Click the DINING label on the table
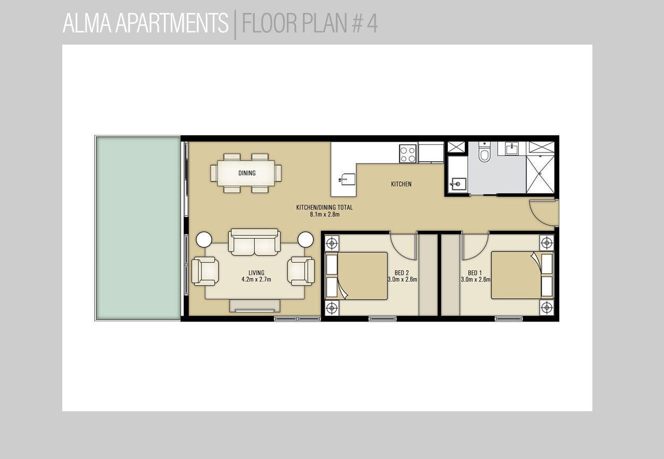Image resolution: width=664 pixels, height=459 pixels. (x=247, y=173)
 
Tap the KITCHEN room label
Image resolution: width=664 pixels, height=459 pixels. (x=401, y=184)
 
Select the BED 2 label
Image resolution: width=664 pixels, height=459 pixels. (x=402, y=273)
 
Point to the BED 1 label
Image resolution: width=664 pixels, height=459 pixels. (x=475, y=273)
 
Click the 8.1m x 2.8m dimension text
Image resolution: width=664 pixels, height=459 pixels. (x=325, y=214)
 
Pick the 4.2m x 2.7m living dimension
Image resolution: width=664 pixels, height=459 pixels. (x=256, y=279)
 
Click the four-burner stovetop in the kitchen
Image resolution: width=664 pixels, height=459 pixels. (x=408, y=154)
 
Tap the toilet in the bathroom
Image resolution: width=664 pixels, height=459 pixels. (x=485, y=152)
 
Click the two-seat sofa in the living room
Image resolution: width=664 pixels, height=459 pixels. (x=254, y=242)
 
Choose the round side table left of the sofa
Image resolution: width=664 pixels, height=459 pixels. (x=204, y=240)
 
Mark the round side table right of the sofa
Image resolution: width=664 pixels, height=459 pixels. (x=306, y=240)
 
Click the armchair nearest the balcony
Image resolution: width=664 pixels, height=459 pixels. (x=205, y=271)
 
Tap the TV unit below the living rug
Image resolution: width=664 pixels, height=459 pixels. (x=255, y=306)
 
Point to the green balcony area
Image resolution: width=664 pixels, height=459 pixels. (x=138, y=228)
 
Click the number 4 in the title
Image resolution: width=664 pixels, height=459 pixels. (x=372, y=23)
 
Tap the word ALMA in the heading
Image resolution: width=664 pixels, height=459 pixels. (x=87, y=23)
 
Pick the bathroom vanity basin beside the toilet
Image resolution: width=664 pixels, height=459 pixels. (x=511, y=149)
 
